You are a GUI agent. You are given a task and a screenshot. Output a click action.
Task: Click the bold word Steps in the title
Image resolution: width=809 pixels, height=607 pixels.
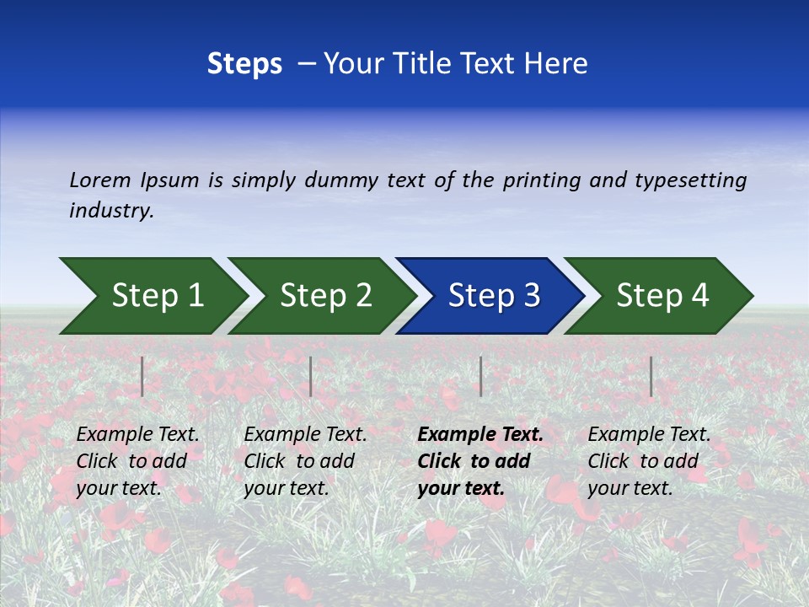pos(244,64)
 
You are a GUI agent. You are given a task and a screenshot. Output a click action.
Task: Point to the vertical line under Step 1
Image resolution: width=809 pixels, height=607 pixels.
pos(142,376)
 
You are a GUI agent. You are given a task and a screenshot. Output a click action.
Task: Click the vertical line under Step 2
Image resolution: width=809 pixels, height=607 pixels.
pos(311,376)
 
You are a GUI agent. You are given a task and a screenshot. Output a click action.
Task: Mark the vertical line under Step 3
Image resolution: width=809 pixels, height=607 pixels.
pos(480,376)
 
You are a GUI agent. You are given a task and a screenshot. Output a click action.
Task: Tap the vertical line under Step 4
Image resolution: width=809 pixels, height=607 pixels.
pos(651,376)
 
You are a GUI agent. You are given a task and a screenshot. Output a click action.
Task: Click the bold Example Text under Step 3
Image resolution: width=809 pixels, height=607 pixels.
pos(480,435)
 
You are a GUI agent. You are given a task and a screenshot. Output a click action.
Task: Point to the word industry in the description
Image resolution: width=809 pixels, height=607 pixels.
pos(111,211)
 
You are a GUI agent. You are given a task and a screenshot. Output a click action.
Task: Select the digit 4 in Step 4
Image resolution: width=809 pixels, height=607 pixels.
pos(699,296)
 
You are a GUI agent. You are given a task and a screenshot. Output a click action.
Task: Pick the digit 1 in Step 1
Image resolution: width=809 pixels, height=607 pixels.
pos(195,296)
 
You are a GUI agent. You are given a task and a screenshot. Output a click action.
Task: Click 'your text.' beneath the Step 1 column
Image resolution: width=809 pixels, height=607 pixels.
pos(118,488)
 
